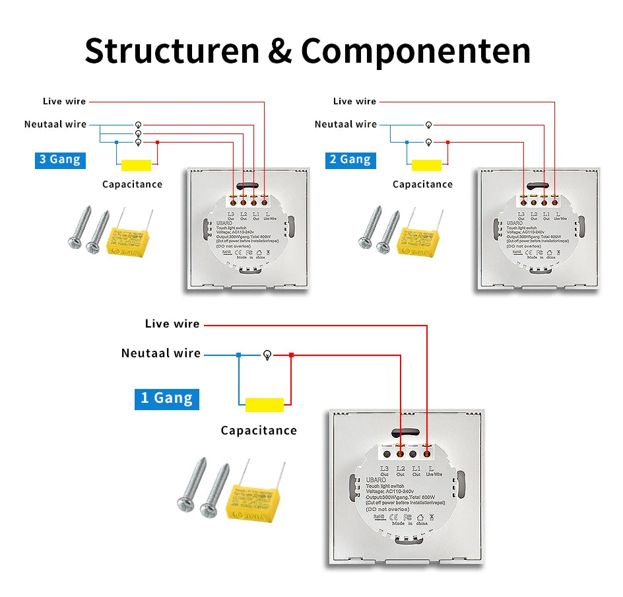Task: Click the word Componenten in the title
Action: (x=416, y=51)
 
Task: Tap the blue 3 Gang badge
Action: (x=60, y=160)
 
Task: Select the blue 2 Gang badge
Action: (x=350, y=160)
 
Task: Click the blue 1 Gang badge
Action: (x=166, y=398)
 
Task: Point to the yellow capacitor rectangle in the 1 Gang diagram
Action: (x=264, y=405)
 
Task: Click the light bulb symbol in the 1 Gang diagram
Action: (x=267, y=355)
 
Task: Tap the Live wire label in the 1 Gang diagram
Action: (x=172, y=324)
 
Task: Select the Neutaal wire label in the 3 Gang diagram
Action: (x=55, y=124)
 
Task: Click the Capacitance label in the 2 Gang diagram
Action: (x=422, y=184)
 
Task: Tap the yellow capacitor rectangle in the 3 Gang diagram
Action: (x=136, y=165)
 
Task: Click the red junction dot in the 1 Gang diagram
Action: (x=291, y=355)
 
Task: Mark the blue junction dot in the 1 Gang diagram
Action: (x=239, y=355)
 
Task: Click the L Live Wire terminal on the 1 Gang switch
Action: (x=427, y=454)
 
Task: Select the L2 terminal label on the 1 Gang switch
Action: (x=400, y=469)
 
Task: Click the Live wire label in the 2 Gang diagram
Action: (x=354, y=101)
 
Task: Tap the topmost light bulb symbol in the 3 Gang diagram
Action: (x=138, y=124)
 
